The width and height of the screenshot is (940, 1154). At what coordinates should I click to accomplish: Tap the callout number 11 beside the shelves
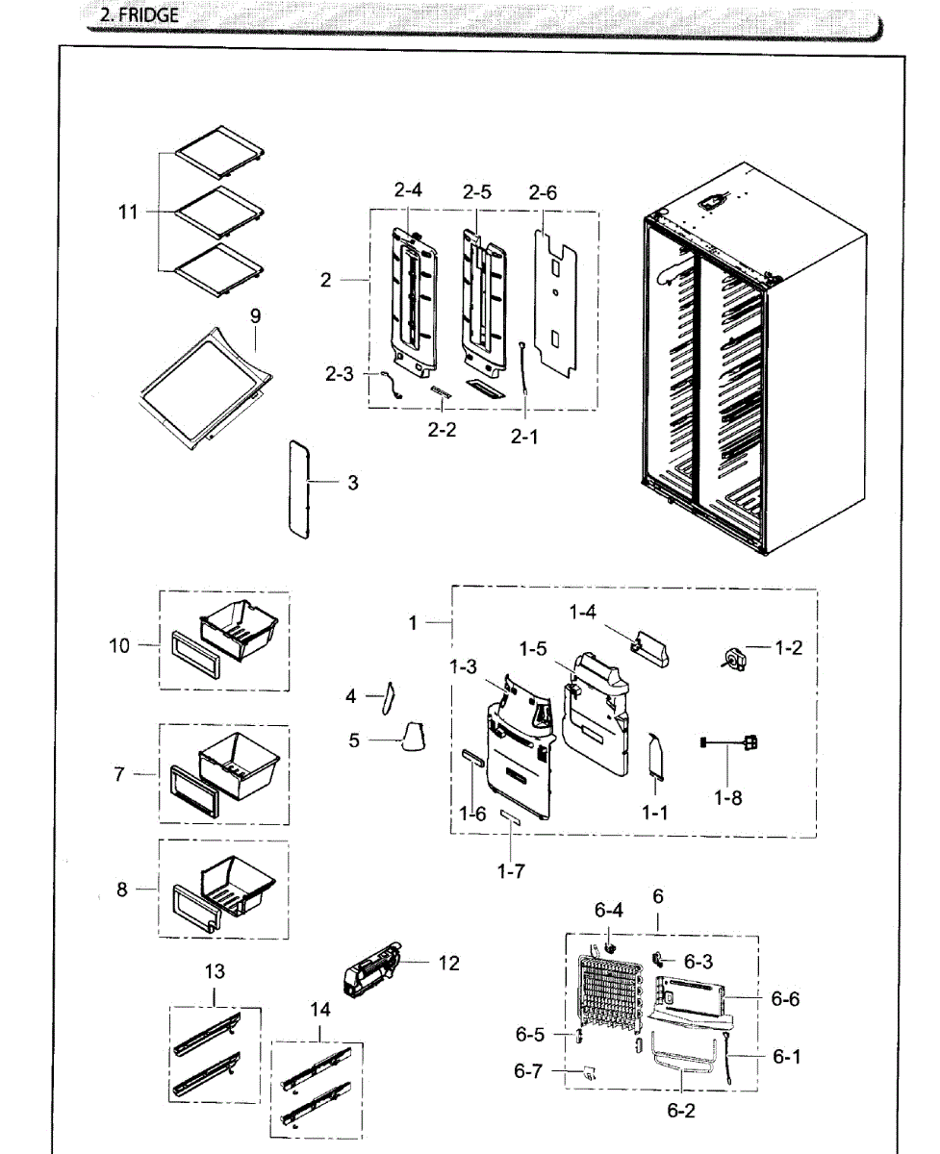(x=128, y=213)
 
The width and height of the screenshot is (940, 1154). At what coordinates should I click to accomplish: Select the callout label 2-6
(x=543, y=192)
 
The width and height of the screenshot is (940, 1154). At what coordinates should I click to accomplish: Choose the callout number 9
(x=255, y=316)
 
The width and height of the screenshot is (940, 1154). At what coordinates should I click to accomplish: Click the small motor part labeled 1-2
(x=736, y=658)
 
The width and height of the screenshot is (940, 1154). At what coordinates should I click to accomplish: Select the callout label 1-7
(x=513, y=871)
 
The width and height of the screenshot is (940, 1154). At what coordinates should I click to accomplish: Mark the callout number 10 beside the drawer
(x=118, y=645)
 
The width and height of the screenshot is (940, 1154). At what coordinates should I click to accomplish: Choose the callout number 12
(x=448, y=963)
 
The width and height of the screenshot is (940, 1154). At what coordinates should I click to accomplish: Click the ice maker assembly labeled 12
(x=373, y=973)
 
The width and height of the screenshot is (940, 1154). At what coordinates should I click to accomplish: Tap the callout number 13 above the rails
(x=214, y=972)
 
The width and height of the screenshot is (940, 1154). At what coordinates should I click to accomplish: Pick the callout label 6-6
(x=785, y=999)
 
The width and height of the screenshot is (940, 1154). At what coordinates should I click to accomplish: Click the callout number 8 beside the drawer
(x=122, y=890)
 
